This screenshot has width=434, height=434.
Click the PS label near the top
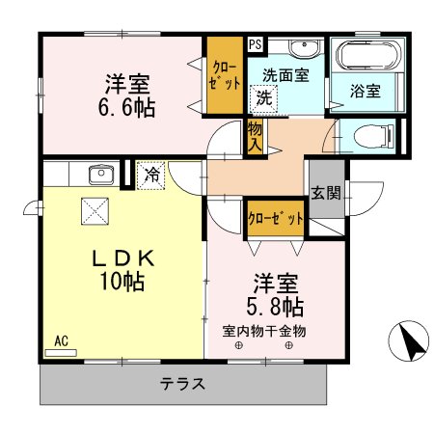click(254, 43)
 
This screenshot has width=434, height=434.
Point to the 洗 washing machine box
click(263, 97)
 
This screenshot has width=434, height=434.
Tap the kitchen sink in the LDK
click(100, 175)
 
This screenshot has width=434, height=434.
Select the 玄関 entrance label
click(325, 193)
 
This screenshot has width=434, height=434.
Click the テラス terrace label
click(183, 383)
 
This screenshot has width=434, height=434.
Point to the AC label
click(61, 340)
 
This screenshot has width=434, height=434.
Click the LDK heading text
click(121, 256)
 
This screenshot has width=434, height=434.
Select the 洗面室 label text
click(288, 75)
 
